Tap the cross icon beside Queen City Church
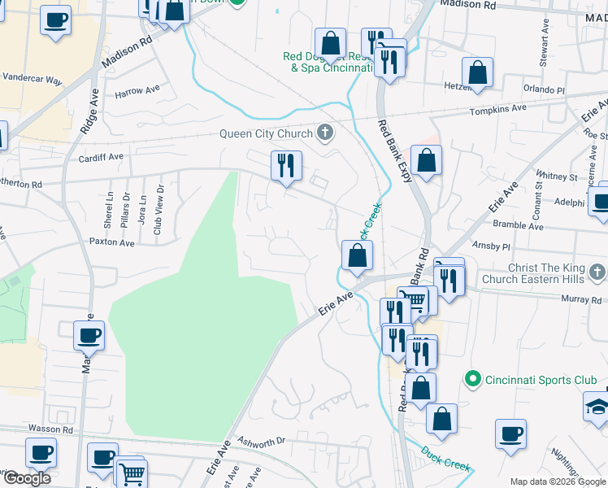point(325,133)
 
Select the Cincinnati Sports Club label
point(541,380)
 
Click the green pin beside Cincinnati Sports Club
point(471,379)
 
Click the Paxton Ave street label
point(111,242)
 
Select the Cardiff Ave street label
point(101,157)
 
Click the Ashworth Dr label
point(261,441)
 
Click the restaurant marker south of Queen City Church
point(286,166)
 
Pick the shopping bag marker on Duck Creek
point(357,255)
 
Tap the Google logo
point(27,478)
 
